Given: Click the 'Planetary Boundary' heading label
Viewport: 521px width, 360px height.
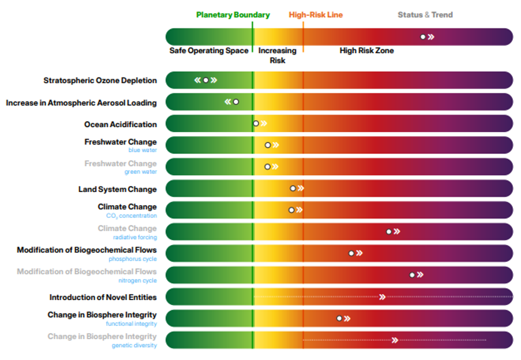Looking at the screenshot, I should [233, 15].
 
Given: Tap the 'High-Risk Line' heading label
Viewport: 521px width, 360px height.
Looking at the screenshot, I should [316, 15].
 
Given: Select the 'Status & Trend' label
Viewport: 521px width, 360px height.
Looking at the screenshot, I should [425, 15].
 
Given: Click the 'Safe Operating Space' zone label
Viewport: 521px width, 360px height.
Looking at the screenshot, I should [209, 50].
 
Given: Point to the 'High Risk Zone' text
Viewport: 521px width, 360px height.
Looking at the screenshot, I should [367, 50].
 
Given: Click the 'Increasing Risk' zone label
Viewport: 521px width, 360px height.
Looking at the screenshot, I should [277, 55].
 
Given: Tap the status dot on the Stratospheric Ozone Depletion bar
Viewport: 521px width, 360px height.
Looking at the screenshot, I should [206, 80].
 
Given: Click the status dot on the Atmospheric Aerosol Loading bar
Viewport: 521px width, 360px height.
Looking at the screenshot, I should [236, 102].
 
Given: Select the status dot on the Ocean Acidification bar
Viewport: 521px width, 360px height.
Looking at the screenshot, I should [256, 123].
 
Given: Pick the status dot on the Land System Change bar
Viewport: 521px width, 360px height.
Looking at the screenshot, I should [293, 188].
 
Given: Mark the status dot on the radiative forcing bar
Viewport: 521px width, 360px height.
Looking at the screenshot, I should [389, 232].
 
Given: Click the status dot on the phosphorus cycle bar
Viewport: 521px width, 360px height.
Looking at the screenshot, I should [351, 253].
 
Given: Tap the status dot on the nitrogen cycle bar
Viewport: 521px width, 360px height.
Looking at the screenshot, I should [412, 275].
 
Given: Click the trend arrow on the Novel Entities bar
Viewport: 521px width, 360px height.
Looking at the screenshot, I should [382, 297].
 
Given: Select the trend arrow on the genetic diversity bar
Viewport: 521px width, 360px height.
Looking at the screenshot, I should [394, 340].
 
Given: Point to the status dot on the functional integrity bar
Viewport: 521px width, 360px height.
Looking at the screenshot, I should [339, 318].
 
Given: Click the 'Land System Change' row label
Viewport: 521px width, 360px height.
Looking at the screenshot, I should [117, 189].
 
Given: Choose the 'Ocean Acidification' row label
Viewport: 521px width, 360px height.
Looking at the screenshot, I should [120, 125].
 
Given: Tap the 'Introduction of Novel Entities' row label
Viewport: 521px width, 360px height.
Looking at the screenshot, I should [103, 297].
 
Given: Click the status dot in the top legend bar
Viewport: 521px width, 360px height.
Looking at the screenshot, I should [423, 37].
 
